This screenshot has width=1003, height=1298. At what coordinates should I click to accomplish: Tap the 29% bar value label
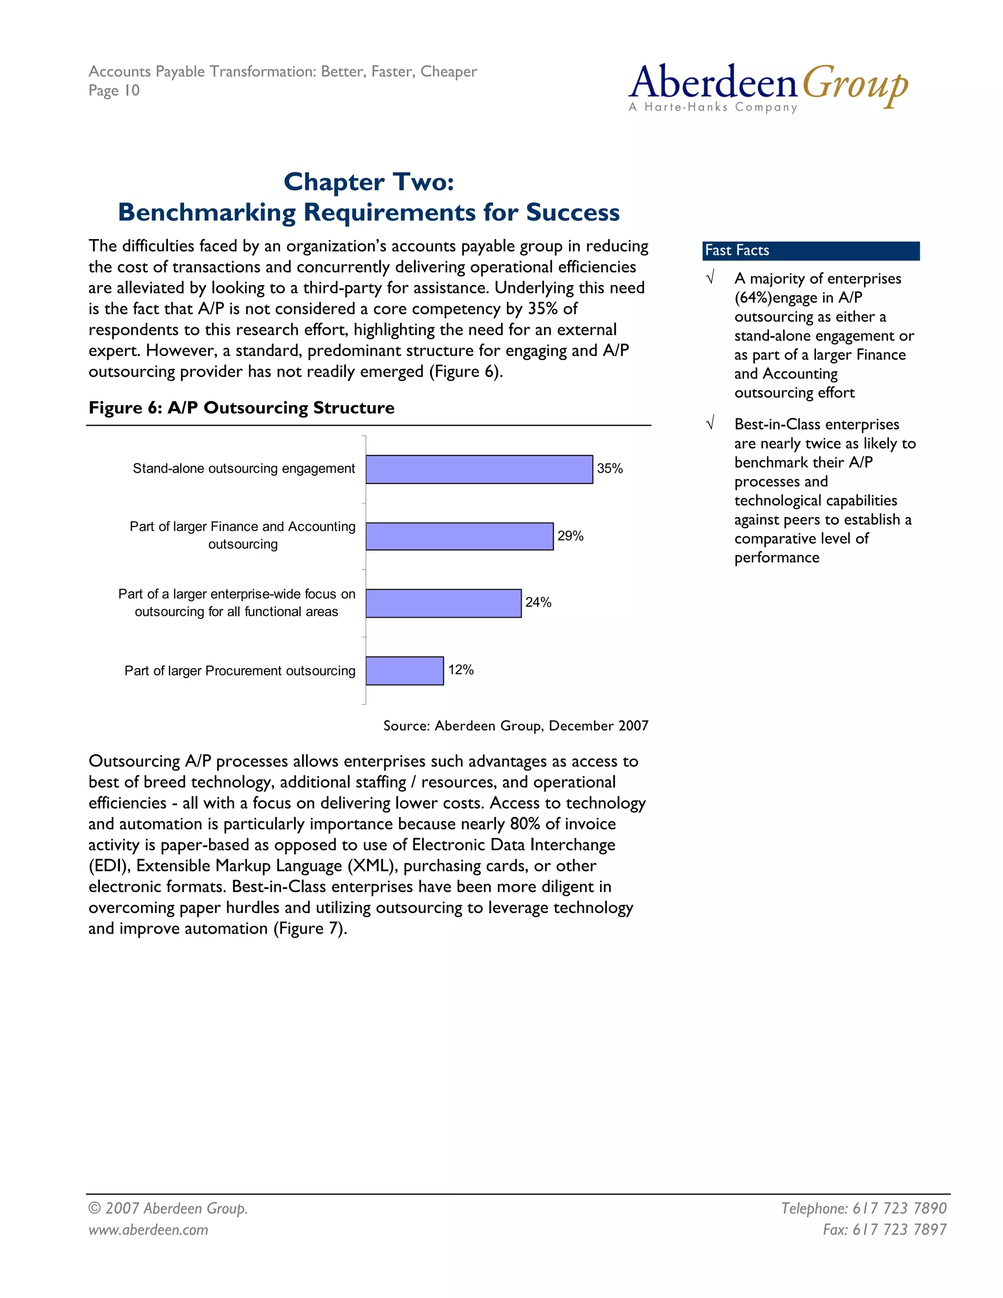[x=570, y=536]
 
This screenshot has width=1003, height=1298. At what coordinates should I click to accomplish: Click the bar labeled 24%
[x=443, y=603]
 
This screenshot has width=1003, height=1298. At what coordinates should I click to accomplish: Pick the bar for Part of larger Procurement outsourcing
[x=405, y=671]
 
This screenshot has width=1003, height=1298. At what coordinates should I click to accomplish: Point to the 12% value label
[x=460, y=670]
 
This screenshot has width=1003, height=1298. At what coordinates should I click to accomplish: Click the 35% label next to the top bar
[x=610, y=468]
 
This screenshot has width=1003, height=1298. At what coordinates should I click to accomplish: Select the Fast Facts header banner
[x=811, y=251]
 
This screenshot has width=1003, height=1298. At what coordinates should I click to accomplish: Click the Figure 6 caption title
[x=241, y=408]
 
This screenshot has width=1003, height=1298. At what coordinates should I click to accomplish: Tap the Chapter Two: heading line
[x=368, y=182]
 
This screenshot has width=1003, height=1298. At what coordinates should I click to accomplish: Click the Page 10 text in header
[x=114, y=90]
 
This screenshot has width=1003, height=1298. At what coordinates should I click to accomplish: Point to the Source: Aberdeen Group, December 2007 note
[x=515, y=726]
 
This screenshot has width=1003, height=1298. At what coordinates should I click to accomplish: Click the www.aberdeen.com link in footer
[x=148, y=1229]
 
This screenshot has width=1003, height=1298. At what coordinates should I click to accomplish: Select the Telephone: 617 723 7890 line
[x=863, y=1208]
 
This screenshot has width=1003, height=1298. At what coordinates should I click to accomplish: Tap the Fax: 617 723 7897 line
[x=884, y=1229]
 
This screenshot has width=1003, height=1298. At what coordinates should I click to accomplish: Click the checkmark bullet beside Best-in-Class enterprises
[x=710, y=424]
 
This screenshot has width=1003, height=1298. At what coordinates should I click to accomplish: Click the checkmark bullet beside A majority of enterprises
[x=710, y=278]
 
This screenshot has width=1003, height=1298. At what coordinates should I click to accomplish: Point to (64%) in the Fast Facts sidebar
[x=753, y=298]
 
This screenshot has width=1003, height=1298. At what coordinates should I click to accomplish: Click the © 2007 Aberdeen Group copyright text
[x=167, y=1208]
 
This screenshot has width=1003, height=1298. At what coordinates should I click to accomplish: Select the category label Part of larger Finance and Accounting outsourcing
[x=242, y=535]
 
